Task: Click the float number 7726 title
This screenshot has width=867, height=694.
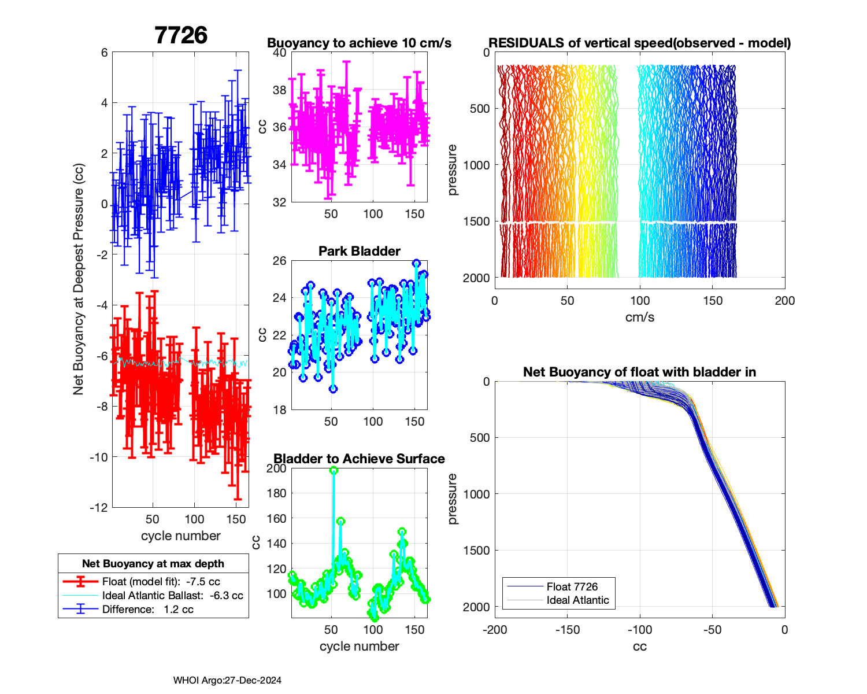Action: [181, 36]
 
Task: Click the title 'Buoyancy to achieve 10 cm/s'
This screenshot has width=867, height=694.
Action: [359, 43]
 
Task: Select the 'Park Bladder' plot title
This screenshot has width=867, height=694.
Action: [360, 251]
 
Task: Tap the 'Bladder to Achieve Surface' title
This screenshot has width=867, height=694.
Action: [359, 459]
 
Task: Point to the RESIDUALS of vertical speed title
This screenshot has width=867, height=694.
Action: [639, 43]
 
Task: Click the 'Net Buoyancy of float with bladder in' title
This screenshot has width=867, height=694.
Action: [639, 372]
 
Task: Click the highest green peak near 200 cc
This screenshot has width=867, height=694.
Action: [334, 471]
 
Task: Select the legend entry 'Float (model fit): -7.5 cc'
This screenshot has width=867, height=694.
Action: [161, 582]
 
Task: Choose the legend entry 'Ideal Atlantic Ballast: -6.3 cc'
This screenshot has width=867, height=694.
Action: [172, 596]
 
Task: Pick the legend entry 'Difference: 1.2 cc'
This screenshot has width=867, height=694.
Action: [147, 610]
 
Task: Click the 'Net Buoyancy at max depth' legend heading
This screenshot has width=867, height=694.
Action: [153, 564]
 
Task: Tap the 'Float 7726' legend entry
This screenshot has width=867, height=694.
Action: [572, 586]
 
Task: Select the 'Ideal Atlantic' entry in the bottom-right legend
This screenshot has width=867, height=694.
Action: [577, 600]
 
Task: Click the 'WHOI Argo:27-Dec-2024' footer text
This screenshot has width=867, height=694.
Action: [227, 681]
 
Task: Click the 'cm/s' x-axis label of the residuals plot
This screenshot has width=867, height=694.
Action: [639, 317]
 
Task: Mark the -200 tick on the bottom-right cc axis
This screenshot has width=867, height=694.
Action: [495, 630]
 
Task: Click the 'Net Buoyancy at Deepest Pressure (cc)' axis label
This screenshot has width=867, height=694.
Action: [79, 279]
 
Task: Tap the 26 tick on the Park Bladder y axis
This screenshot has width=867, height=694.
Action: [280, 261]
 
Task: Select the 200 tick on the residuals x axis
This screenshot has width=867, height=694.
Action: [784, 301]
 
